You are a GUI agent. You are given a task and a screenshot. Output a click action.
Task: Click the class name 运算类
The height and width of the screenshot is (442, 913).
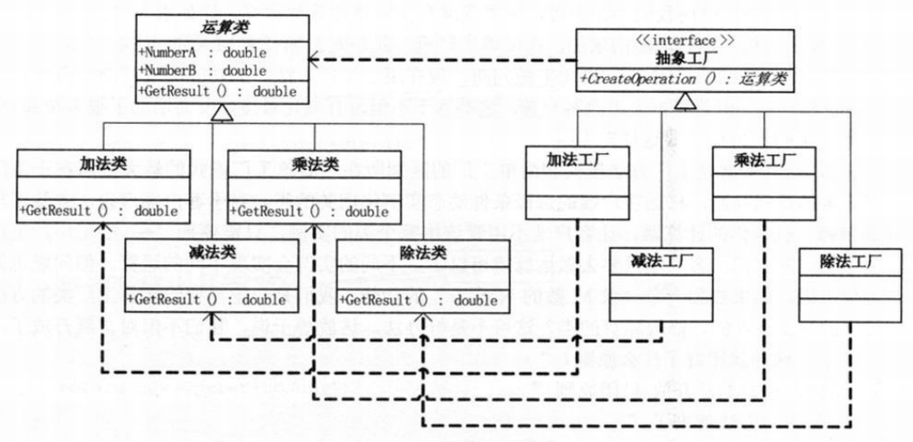click(x=223, y=28)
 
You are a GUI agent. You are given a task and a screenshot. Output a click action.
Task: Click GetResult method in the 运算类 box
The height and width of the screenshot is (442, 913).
click(x=218, y=91)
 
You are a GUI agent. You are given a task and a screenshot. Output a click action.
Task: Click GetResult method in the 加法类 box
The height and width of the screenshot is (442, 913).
click(x=97, y=211)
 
